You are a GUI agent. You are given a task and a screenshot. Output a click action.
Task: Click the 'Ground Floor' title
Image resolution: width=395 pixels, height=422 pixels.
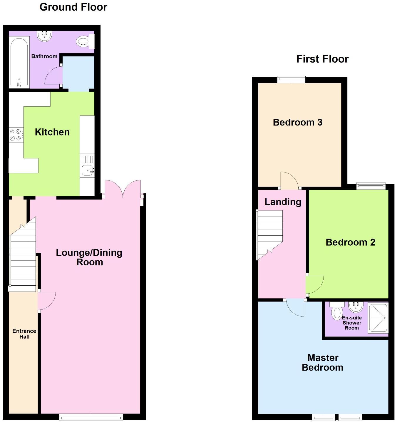coord(73,7)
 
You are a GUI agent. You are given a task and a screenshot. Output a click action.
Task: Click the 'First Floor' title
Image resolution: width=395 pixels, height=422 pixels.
coord(322,59)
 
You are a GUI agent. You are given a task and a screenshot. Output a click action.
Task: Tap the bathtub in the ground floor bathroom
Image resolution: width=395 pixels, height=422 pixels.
coord(19,62)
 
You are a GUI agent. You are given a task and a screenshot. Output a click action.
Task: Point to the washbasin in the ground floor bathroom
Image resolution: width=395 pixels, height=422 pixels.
coord(45,36)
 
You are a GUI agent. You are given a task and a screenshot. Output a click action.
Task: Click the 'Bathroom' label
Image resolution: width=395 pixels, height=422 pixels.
coord(44,56)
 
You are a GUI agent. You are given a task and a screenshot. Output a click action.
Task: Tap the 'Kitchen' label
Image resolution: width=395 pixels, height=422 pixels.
coord(52,132)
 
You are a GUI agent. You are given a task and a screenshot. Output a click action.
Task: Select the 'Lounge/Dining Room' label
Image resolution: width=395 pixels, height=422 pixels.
coord(89,257)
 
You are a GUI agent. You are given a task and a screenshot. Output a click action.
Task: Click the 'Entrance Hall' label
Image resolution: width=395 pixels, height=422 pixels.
coord(24,334)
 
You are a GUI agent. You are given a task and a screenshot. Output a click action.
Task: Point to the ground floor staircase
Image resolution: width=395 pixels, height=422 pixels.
coord(23,259)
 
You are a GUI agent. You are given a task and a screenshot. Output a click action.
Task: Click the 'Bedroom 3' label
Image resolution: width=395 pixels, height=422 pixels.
coord(297,122)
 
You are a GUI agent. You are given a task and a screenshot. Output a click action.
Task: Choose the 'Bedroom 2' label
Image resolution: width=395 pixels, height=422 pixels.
coord(350,242)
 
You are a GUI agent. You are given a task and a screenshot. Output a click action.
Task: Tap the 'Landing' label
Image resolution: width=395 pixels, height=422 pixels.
coord(283,202)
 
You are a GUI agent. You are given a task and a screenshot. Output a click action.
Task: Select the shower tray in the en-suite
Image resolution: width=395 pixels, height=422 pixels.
coord(378,318)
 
